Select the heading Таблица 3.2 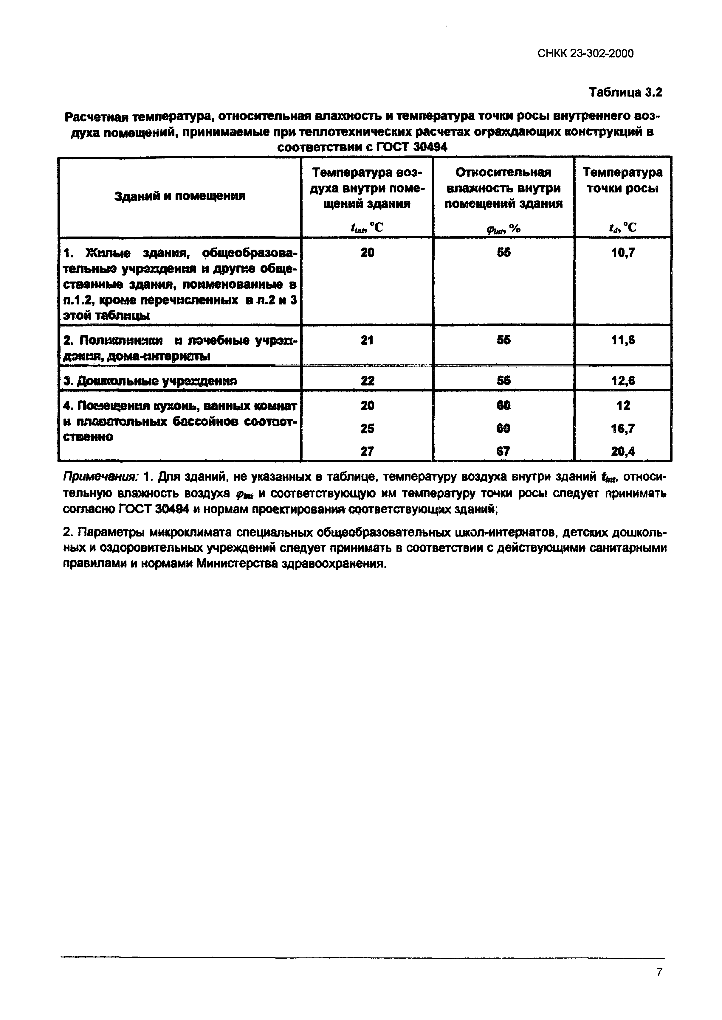[625, 92]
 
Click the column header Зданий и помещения [180, 196]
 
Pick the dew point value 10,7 [623, 253]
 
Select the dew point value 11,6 [623, 340]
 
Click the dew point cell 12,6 [623, 381]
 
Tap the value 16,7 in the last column [623, 428]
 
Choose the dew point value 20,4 [623, 451]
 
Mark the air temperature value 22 [367, 381]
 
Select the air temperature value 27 [367, 451]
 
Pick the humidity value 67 [504, 451]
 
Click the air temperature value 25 [367, 428]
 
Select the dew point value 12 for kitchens [623, 405]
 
